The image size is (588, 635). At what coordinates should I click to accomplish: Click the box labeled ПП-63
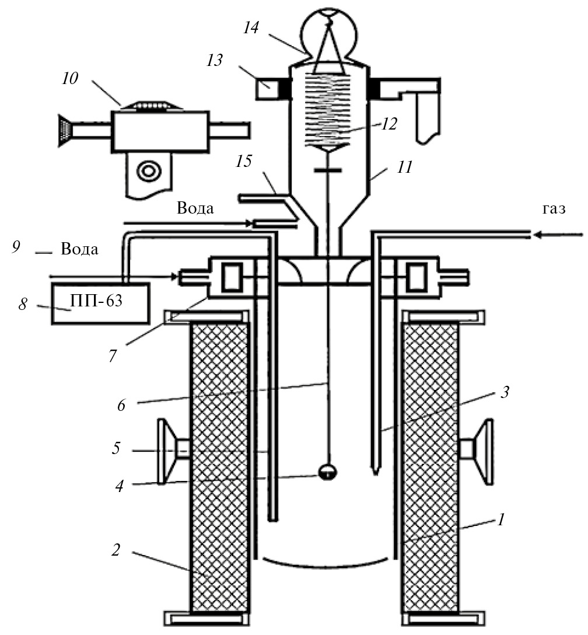(100, 303)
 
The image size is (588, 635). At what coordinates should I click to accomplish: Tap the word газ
(553, 210)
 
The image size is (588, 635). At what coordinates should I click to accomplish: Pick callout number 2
(116, 550)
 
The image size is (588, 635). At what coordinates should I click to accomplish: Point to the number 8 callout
(23, 305)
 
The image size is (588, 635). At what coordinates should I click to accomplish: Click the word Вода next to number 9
(79, 250)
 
